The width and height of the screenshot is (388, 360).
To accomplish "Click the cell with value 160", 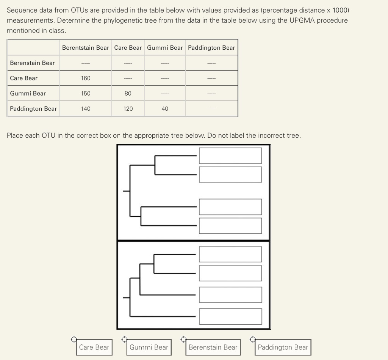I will tap(86, 78).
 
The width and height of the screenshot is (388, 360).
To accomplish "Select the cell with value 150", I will tap(86, 93).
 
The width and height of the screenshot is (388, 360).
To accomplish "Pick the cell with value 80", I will tap(128, 93).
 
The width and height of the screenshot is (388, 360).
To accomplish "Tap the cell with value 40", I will tap(165, 109).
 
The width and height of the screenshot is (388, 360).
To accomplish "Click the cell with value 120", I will tap(128, 109).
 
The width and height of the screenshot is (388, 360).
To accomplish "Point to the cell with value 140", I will tap(86, 109).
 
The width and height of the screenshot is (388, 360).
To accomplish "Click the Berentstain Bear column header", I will tap(85, 48).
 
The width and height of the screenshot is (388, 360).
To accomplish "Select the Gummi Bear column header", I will tap(165, 48).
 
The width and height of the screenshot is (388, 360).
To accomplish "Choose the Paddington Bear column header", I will tap(211, 48).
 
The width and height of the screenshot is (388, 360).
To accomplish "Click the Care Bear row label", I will tap(24, 78).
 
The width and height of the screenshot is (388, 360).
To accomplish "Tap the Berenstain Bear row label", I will tap(32, 63).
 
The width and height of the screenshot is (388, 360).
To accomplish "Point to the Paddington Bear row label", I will tap(33, 109).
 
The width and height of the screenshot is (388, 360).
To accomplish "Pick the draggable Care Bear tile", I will tap(94, 347).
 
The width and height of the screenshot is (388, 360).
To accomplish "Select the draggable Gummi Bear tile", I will tap(149, 347).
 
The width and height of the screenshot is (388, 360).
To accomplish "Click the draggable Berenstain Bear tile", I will tap(213, 347).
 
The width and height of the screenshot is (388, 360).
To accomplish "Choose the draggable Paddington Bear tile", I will tap(283, 347).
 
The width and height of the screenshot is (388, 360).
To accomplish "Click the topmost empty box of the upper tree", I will tap(230, 156).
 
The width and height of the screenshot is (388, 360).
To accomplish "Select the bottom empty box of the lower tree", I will tap(230, 316).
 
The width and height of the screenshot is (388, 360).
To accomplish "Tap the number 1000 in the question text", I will tap(339, 10).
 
